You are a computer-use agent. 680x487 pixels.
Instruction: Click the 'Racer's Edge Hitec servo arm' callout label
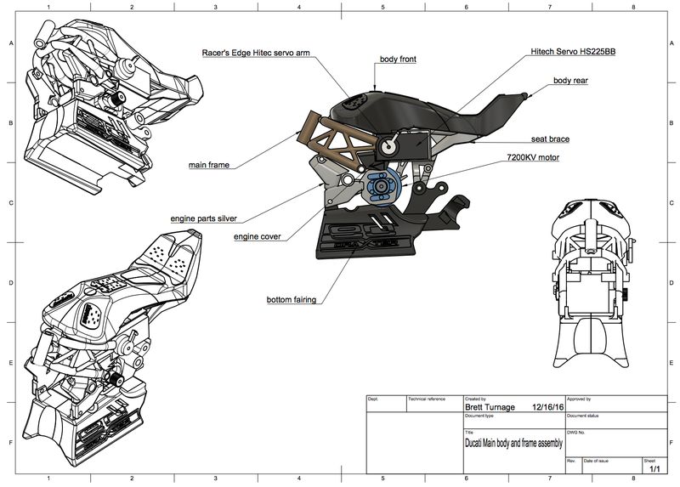coord(255,53)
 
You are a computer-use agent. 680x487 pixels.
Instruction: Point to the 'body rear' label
coord(570,81)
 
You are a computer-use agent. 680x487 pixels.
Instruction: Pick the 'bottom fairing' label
coord(292,299)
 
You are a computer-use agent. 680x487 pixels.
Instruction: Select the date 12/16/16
coord(548,407)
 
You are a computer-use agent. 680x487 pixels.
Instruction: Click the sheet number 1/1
coord(654,467)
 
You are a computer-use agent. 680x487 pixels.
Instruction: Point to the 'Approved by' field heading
coord(579,398)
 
